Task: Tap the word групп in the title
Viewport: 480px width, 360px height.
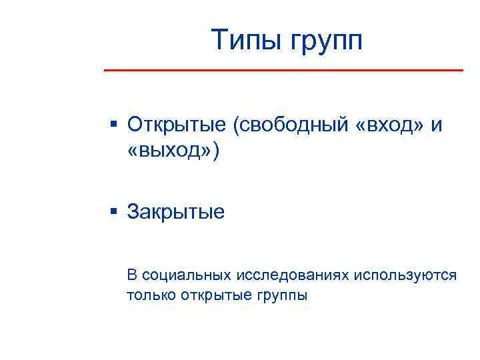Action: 326,41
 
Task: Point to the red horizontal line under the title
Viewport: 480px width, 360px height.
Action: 283,69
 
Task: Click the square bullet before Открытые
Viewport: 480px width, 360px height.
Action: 114,124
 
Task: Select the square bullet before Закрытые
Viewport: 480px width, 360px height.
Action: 114,212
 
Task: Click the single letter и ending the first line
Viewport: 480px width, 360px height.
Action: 437,125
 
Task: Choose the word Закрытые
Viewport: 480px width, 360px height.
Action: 176,212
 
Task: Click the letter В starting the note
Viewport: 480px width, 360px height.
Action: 132,275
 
